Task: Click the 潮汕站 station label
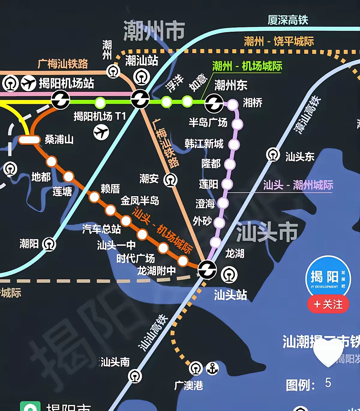[142, 60]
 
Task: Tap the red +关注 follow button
[328, 304]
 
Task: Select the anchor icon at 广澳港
[212, 368]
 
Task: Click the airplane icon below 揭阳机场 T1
[101, 132]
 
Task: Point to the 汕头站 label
[230, 295]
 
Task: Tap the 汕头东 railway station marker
[273, 155]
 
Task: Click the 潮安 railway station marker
[170, 180]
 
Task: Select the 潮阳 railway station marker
[49, 244]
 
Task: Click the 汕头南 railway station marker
[135, 376]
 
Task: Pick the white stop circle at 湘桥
[232, 104]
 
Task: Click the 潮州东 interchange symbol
[214, 103]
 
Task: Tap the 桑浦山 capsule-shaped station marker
[29, 140]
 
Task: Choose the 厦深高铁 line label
[288, 20]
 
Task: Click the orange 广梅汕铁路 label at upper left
[63, 64]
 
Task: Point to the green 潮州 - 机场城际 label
[247, 66]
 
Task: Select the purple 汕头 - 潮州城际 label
[298, 185]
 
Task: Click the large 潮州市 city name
[154, 31]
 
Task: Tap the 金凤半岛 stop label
[140, 201]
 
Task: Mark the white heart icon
[328, 352]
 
